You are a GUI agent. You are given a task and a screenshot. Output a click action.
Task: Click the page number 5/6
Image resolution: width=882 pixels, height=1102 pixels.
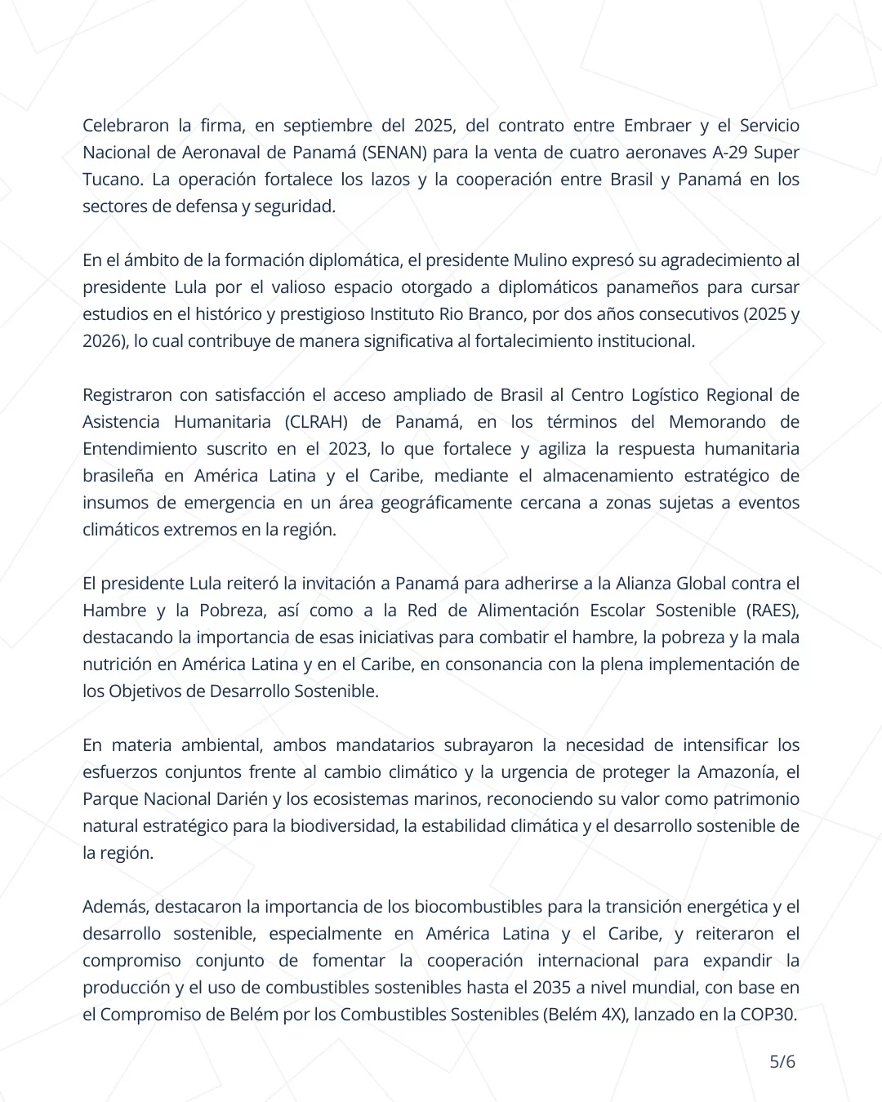[782, 1061]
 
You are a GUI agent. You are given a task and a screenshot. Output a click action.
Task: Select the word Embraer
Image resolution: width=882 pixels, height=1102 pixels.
[657, 126]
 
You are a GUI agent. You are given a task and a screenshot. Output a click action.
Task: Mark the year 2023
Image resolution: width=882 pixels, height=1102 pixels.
[348, 449]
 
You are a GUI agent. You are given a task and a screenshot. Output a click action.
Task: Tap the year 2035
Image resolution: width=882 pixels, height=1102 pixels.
[551, 988]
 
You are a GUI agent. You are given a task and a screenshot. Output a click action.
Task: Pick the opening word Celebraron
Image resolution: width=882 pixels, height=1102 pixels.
[126, 126]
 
